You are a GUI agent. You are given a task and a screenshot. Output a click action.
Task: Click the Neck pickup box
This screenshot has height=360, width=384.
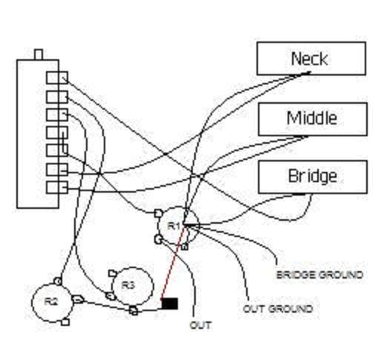click(x=311, y=59)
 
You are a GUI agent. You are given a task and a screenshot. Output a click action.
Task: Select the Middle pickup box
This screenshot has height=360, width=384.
click(x=312, y=119)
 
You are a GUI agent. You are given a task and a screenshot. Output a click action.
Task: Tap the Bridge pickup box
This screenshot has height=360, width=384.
click(x=312, y=177)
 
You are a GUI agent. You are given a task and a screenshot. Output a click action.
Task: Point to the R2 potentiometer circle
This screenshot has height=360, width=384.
click(x=50, y=301)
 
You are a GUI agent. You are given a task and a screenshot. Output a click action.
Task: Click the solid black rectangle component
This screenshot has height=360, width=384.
click(x=170, y=303)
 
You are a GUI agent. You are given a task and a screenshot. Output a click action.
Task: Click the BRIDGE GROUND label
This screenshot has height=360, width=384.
click(x=320, y=275)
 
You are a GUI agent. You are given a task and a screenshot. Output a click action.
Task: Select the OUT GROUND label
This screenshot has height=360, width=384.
click(x=278, y=308)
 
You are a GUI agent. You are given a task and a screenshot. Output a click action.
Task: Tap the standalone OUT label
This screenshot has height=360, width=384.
click(x=201, y=325)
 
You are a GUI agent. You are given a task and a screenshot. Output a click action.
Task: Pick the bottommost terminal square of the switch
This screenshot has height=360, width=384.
click(x=52, y=186)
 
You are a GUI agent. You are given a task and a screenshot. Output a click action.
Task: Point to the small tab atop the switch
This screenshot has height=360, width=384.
click(x=39, y=54)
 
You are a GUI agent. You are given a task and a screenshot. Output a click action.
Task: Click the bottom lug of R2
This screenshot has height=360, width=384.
click(x=65, y=322)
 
